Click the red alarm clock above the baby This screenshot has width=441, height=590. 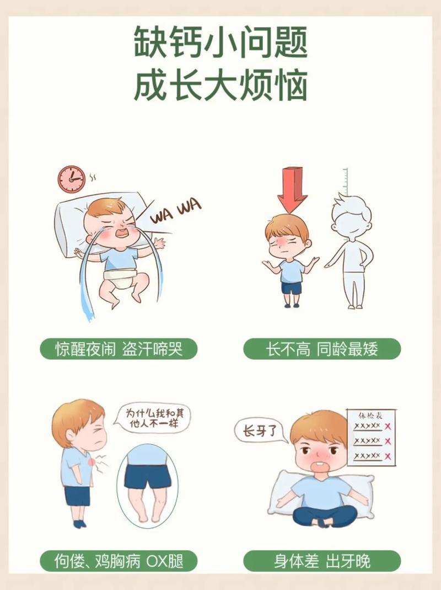(72, 179)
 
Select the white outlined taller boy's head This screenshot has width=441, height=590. (350, 212)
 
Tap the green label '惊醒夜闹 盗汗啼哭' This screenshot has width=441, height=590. (119, 349)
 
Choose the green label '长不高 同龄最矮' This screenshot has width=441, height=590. (322, 349)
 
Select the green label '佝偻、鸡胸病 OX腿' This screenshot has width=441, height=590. (119, 561)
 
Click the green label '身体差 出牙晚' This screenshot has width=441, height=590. (322, 561)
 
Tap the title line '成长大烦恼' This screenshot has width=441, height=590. (220, 87)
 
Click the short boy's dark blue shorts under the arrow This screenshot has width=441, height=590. (292, 287)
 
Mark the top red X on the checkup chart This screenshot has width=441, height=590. (388, 427)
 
